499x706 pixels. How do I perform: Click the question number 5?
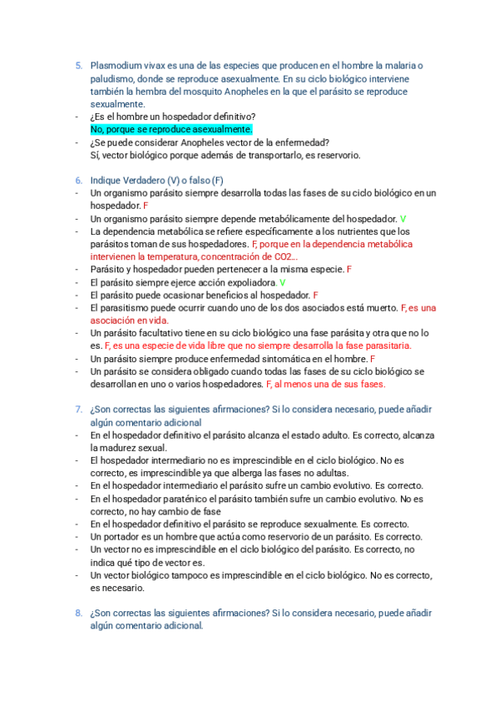pos(77,66)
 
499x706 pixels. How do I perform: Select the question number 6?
pos(77,181)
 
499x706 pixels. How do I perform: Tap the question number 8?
pos(77,614)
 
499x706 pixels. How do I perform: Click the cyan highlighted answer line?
pos(170,130)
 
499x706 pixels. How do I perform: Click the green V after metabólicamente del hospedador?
pos(392,218)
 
